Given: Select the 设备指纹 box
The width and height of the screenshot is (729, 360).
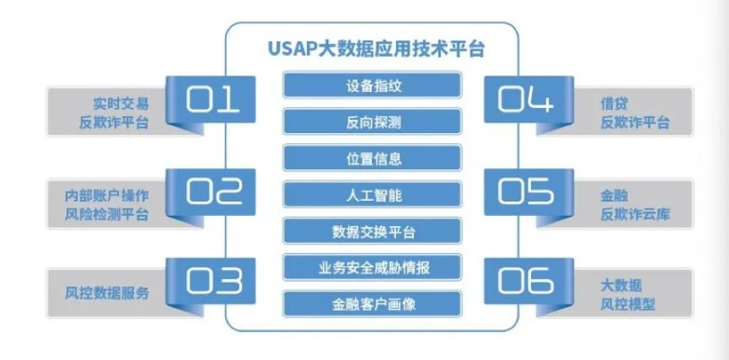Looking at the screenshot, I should [x=373, y=86].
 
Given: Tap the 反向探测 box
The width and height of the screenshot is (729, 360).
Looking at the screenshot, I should [x=373, y=122].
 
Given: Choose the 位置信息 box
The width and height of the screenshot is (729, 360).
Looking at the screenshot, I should [x=373, y=158].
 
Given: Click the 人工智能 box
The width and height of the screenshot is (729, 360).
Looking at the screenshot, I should [x=373, y=194].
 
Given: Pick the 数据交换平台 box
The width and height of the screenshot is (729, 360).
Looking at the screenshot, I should [x=373, y=231].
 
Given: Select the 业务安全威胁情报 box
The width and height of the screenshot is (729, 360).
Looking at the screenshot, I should [x=373, y=267].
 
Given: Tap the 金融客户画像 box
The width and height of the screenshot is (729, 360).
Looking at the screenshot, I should [x=373, y=303].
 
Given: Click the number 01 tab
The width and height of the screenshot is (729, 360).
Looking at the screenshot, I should [x=213, y=101].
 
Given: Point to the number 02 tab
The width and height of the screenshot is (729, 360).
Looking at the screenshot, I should [x=213, y=191].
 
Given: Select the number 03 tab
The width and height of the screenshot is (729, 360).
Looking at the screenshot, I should [x=213, y=281].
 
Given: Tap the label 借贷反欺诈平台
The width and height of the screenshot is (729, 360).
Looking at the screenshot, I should [x=634, y=112].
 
